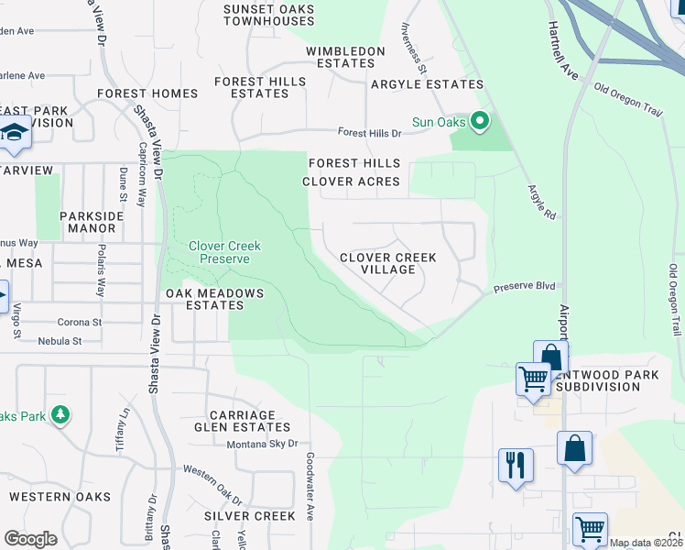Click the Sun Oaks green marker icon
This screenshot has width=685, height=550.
pyautogui.click(x=478, y=121)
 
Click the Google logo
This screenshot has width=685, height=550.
pyautogui.click(x=30, y=539)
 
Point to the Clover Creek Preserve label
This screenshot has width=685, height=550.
pyautogui.click(x=224, y=252)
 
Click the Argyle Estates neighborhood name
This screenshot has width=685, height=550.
pyautogui.click(x=426, y=84)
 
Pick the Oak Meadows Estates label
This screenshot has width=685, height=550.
pyautogui.click(x=214, y=300)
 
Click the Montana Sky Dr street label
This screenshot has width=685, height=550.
pyautogui.click(x=262, y=444)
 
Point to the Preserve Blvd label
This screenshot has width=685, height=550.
pyautogui.click(x=525, y=287)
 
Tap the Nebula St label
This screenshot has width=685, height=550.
pyautogui.click(x=60, y=341)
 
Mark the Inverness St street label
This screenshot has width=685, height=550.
pyautogui.click(x=412, y=48)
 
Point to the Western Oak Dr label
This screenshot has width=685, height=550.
pyautogui.click(x=212, y=485)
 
